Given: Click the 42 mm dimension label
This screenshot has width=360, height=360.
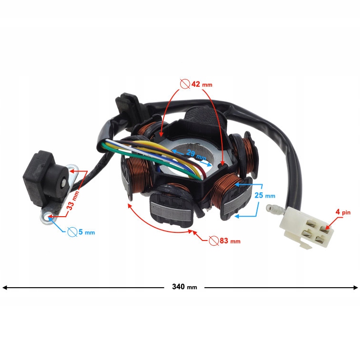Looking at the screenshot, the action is click(202, 84).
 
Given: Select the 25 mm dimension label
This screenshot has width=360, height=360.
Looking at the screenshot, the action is click(265, 196).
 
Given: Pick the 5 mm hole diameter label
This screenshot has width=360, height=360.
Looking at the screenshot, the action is click(86, 232).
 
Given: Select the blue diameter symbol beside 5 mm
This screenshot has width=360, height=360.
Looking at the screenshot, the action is click(72, 232).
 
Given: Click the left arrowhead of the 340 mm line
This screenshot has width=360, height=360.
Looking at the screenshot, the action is click(5, 287).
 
